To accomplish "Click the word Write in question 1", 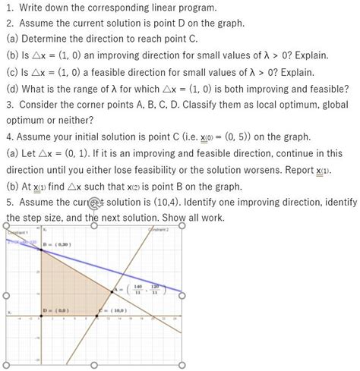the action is click(x=32, y=8).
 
